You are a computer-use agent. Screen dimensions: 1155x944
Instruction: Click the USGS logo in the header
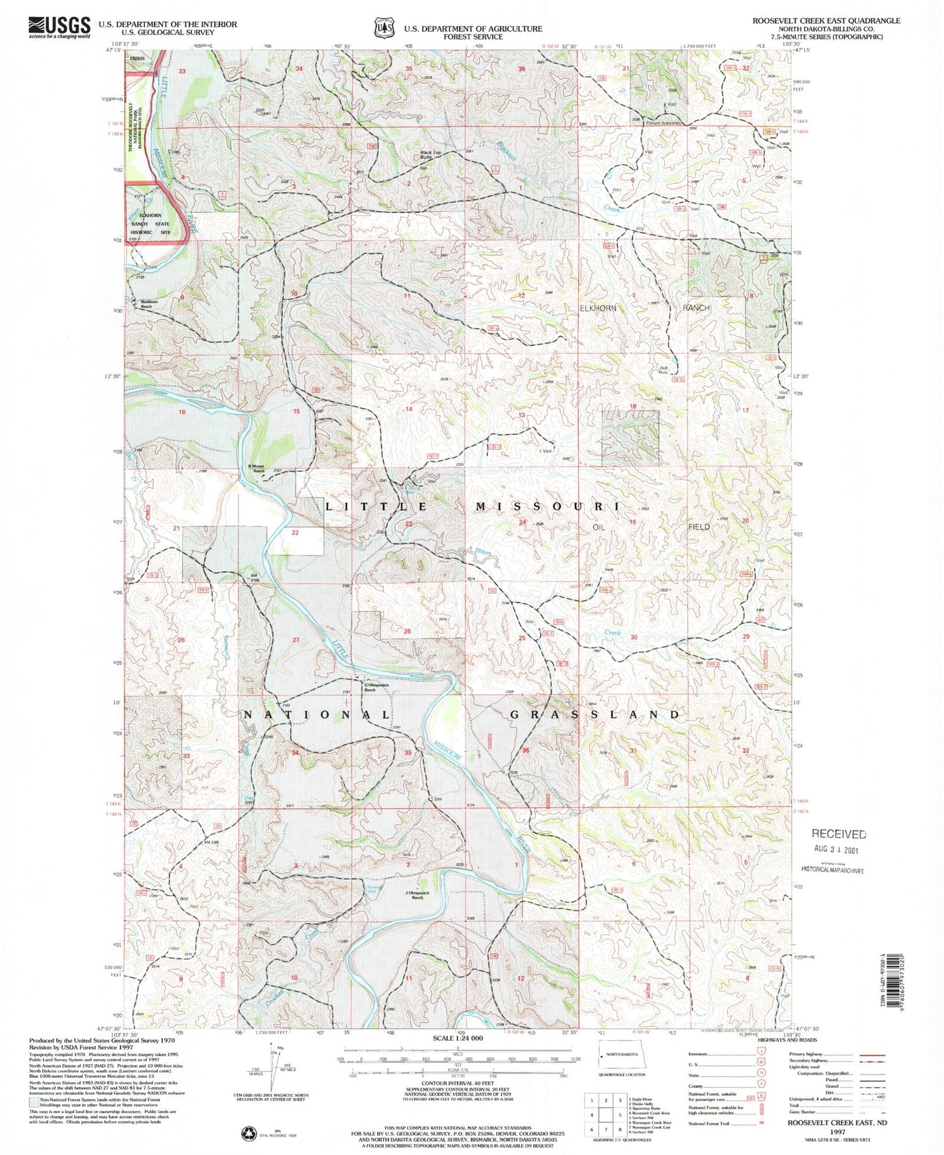tap(59, 27)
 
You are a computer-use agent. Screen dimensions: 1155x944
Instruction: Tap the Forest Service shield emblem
tap(384, 29)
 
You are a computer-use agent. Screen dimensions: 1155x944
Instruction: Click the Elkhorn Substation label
tap(664, 123)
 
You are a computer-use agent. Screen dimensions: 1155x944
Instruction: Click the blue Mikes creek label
tap(483, 553)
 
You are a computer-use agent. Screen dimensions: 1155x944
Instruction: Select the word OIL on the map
tap(598, 527)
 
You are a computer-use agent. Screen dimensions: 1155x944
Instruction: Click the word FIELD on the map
tap(698, 527)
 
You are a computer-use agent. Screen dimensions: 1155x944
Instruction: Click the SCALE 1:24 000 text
tap(458, 1037)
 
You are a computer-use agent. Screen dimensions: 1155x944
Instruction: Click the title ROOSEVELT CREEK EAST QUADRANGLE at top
tap(826, 21)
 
